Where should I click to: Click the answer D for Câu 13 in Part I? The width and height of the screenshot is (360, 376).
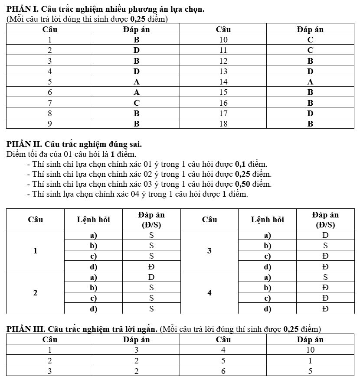(x=310, y=71)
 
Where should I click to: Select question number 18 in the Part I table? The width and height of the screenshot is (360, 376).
(x=223, y=123)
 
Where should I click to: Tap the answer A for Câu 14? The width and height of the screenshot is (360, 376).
(x=310, y=81)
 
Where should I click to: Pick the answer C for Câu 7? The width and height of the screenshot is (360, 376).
(x=137, y=103)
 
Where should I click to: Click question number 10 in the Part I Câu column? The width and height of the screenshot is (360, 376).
(x=223, y=40)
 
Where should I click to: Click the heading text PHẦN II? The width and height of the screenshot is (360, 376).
(x=25, y=144)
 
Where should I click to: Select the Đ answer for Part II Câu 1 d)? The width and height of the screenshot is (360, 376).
(x=152, y=266)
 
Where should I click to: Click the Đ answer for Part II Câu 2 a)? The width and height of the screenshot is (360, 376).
(x=152, y=277)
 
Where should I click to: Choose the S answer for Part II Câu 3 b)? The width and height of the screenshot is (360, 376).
(x=325, y=245)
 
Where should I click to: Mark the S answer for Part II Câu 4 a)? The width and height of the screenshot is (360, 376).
(x=325, y=277)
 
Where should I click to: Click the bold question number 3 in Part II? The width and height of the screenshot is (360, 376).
(x=209, y=250)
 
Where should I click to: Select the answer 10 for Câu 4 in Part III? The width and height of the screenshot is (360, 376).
(x=310, y=350)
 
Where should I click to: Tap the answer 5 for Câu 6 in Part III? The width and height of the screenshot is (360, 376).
(x=310, y=371)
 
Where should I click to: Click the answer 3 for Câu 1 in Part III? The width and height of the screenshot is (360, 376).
(x=136, y=350)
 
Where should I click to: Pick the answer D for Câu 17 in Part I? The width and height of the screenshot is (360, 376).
(x=310, y=113)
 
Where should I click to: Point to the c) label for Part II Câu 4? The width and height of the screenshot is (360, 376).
(x=268, y=298)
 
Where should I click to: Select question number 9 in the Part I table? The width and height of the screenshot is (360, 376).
(x=50, y=123)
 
